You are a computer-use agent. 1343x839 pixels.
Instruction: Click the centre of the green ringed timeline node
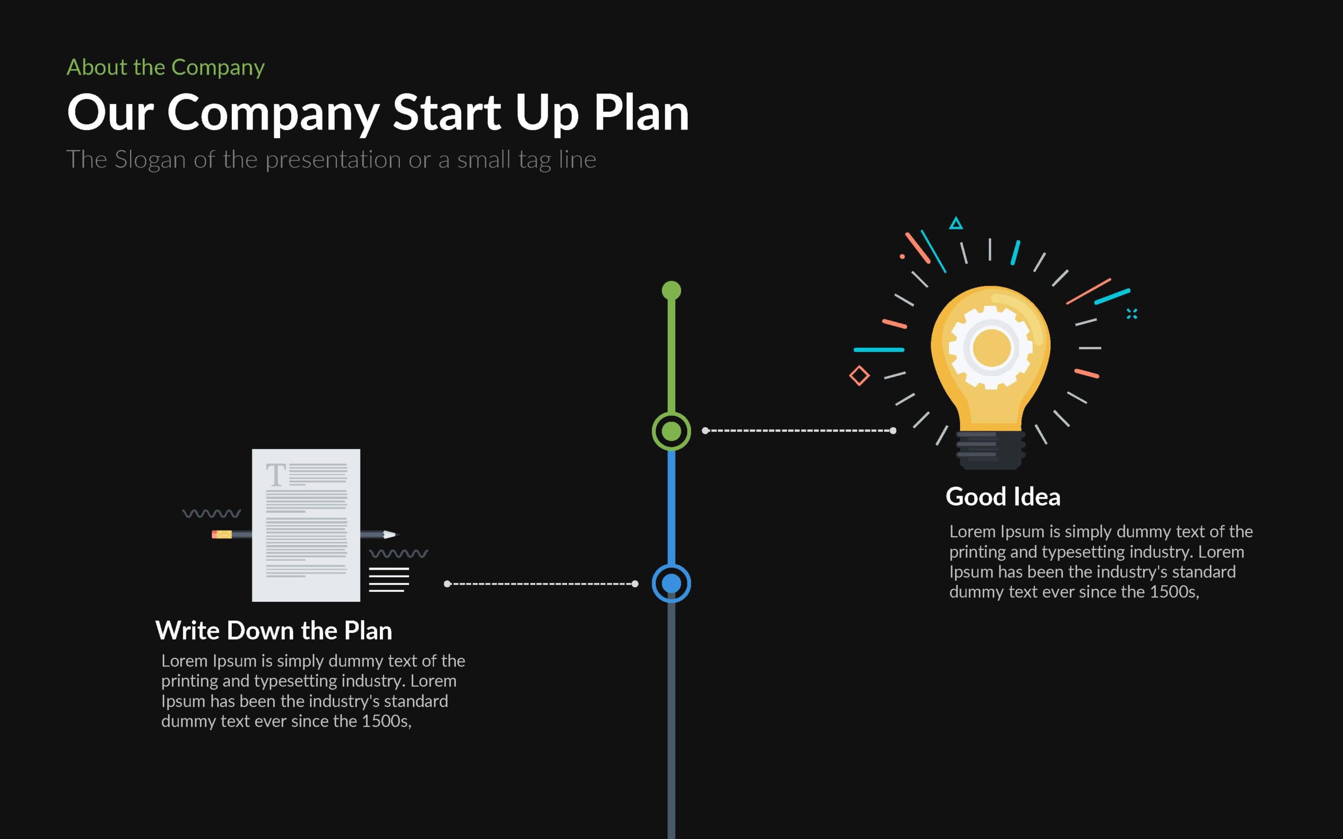pos(671,431)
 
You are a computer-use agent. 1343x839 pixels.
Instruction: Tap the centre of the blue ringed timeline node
pos(671,583)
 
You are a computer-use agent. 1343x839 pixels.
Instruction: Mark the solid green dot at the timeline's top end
pos(671,290)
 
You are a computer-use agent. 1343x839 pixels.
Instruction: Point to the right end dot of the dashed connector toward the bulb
pos(892,431)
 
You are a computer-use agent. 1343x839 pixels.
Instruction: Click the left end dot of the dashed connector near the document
pos(447,584)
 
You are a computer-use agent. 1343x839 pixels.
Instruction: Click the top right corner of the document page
pos(360,450)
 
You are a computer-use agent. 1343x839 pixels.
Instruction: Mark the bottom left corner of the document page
pos(252,601)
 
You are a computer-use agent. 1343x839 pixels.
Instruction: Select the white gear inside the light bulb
pos(991,347)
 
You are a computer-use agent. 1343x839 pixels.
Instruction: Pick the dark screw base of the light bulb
pos(991,450)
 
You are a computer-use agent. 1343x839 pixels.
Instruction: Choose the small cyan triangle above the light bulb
pos(955,223)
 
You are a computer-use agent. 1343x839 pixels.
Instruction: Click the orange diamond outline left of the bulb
pos(859,376)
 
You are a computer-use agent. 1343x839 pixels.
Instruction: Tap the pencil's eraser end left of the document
pos(221,534)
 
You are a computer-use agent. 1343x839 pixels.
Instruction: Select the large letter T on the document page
pos(276,474)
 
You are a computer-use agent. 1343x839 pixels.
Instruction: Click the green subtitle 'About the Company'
pos(165,68)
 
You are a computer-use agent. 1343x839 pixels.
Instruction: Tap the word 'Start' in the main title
pos(447,112)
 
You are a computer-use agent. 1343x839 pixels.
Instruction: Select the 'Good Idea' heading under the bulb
pos(1003,496)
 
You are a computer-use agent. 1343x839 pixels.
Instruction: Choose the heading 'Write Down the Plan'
pos(273,631)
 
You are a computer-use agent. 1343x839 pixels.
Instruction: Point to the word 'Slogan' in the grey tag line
pos(150,161)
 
